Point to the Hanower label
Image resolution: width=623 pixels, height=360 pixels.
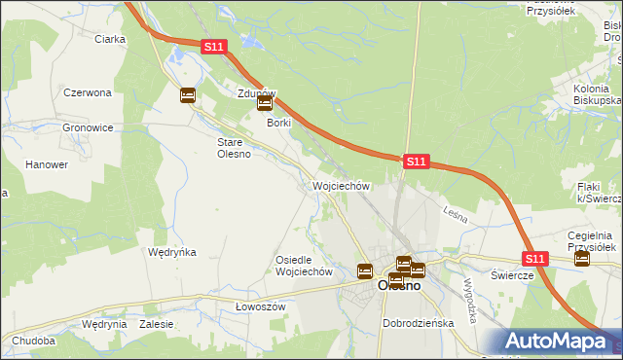coord(46,164)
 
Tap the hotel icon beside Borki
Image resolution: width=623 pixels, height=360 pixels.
coord(264,103)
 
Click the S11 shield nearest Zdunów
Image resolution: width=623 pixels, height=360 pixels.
coord(215,46)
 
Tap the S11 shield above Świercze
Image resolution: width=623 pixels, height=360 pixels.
coord(534,259)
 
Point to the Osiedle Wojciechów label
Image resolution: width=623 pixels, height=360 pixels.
coord(305,266)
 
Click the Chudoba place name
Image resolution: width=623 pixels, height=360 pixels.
coord(34,342)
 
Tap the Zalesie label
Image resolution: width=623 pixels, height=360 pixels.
coord(156,324)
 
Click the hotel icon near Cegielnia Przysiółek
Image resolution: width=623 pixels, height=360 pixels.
coord(582,259)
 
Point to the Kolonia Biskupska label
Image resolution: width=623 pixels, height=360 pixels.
coord(597,94)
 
